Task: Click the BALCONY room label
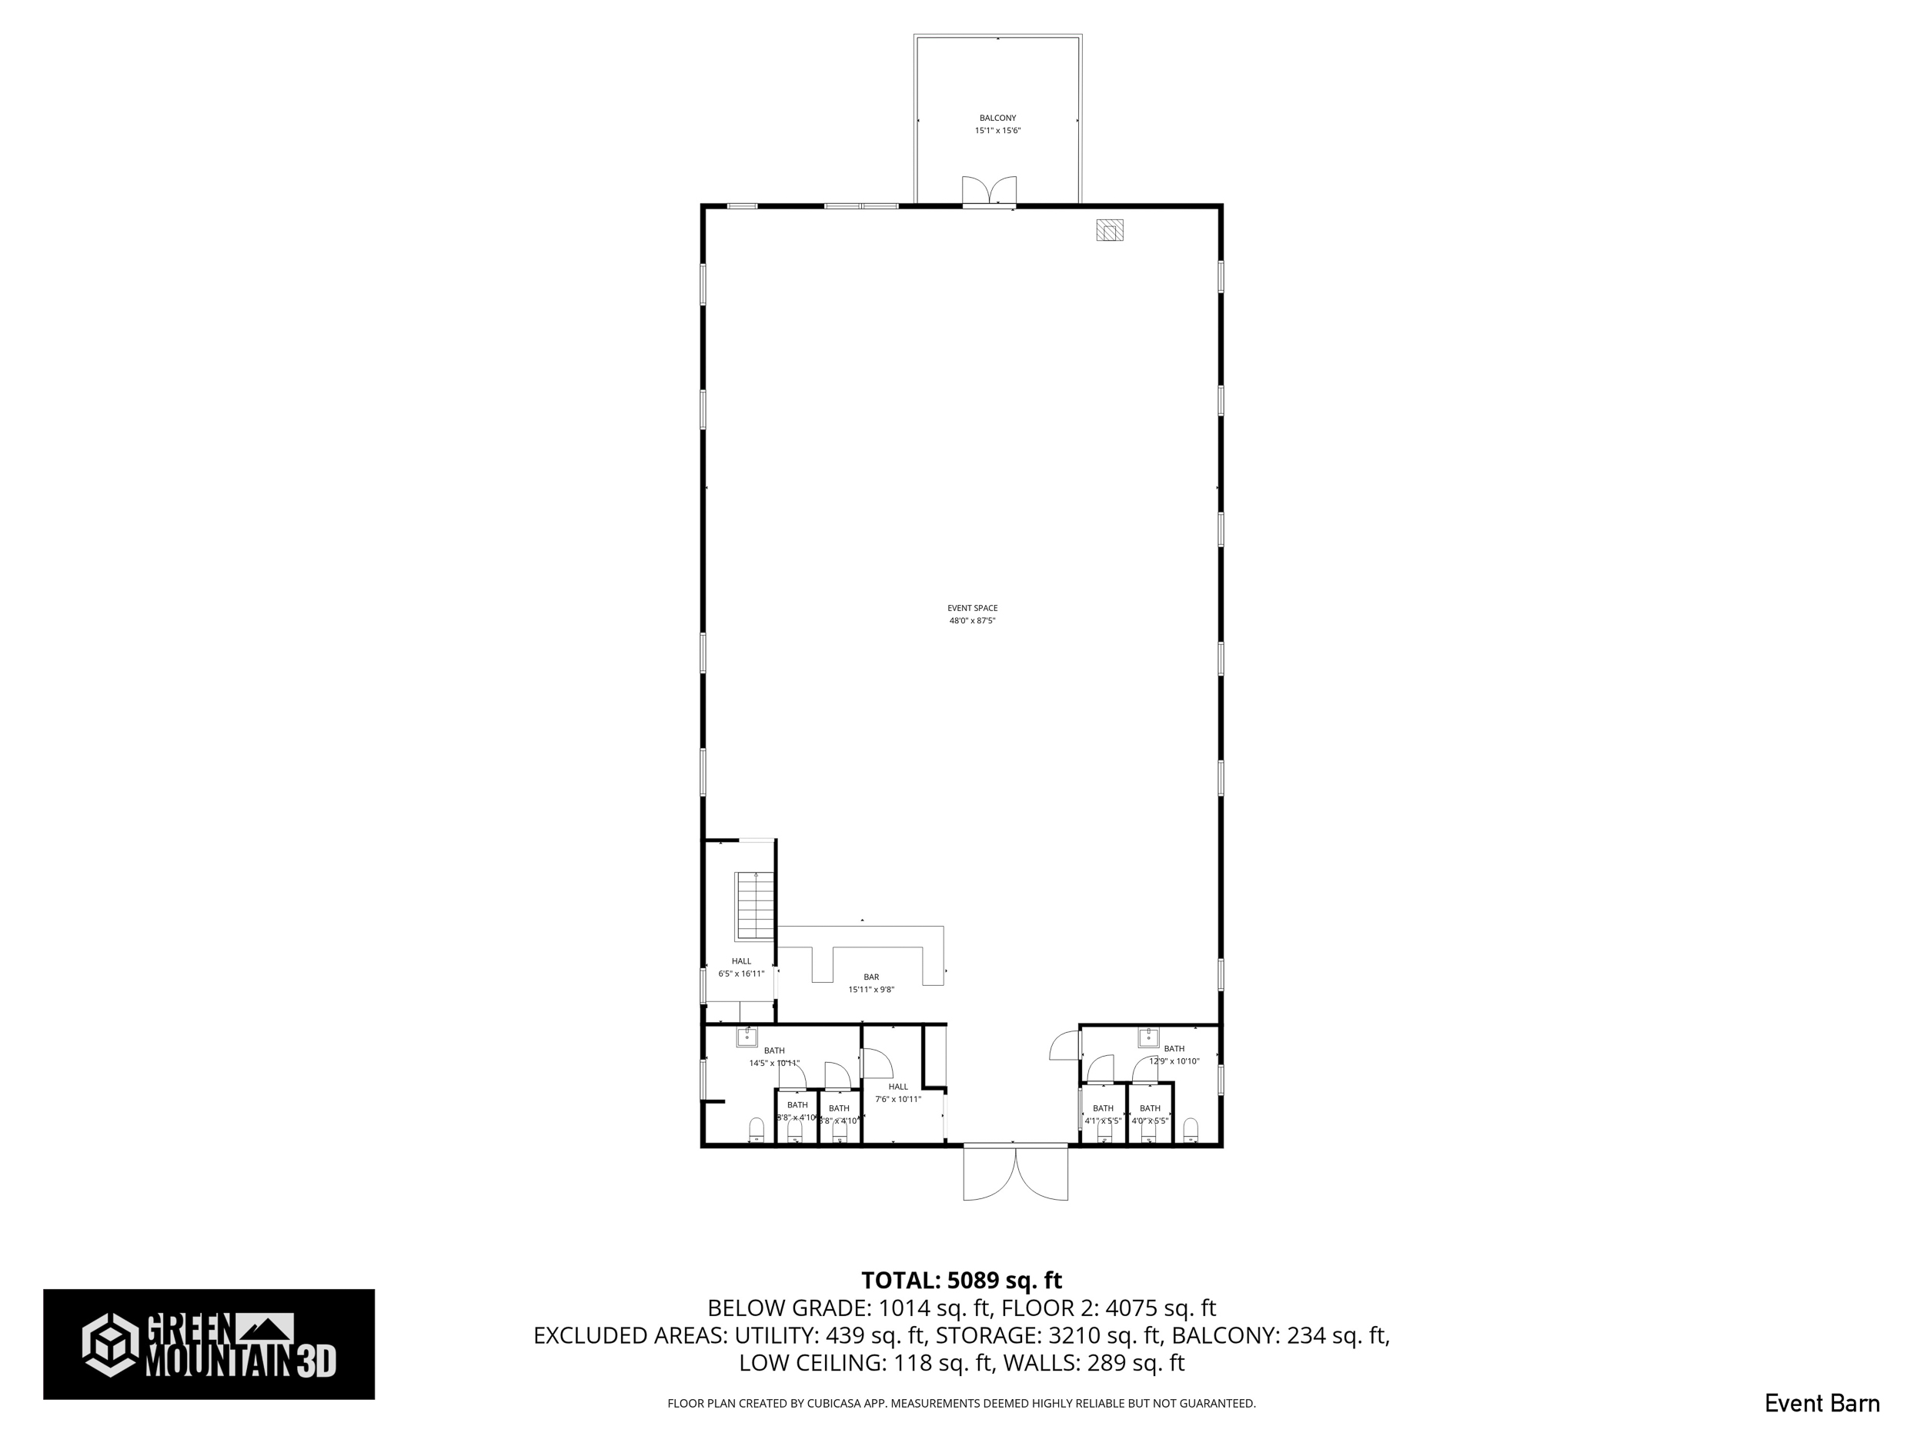click(x=997, y=118)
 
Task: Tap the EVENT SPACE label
click(x=973, y=608)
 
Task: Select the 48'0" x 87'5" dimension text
click(x=973, y=621)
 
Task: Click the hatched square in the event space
click(x=1109, y=229)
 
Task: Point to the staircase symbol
click(x=755, y=906)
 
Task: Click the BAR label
click(x=870, y=977)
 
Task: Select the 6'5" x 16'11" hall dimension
click(x=741, y=974)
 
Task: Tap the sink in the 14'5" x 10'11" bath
click(x=747, y=1036)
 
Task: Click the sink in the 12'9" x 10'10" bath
click(x=1149, y=1036)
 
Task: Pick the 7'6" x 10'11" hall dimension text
click(x=897, y=1098)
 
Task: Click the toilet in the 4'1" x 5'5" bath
click(x=1104, y=1131)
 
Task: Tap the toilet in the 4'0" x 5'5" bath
click(x=1149, y=1131)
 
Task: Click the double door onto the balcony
click(x=989, y=192)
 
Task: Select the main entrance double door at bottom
click(x=1015, y=1174)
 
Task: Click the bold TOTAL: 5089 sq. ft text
click(x=961, y=1281)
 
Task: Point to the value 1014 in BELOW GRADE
click(x=904, y=1308)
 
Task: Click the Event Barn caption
click(x=1822, y=1404)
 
